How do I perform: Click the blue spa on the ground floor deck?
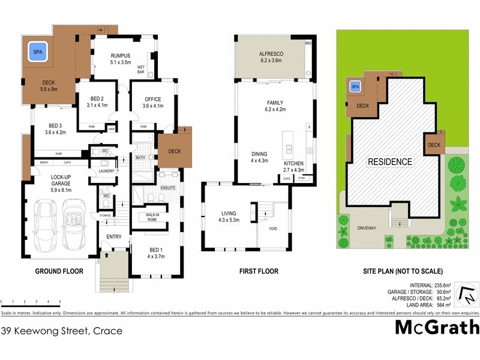point(38,52)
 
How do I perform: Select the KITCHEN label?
point(294,164)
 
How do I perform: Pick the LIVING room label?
point(228,213)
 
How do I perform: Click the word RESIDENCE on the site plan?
point(389,161)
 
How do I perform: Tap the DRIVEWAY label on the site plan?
point(366,228)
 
